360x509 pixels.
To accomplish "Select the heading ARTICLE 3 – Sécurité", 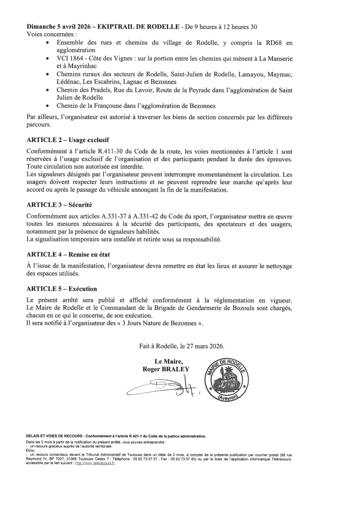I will point(59,205).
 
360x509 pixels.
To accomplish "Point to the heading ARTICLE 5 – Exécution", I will point(62,289).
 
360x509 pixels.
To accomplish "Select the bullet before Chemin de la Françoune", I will point(49,105).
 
